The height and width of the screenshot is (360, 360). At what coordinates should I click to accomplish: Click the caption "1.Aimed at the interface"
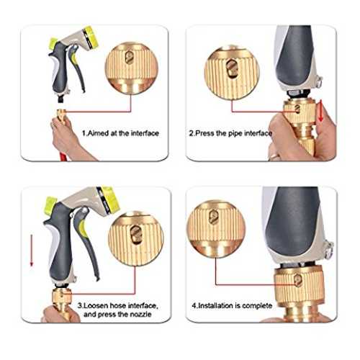(x=120, y=133)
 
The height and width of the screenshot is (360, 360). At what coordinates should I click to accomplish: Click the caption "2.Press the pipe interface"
(x=230, y=133)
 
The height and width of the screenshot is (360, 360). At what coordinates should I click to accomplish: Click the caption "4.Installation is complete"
(x=232, y=306)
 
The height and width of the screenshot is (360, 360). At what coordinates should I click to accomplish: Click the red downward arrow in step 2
(x=320, y=111)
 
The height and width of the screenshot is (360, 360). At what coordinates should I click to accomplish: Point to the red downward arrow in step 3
(x=32, y=250)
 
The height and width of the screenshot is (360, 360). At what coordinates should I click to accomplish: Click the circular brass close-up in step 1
(x=131, y=68)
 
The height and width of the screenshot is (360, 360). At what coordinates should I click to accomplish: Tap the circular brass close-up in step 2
(x=232, y=72)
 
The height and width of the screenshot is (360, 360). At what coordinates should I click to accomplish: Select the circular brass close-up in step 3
(x=136, y=238)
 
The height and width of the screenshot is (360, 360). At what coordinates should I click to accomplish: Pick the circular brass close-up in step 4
(x=216, y=228)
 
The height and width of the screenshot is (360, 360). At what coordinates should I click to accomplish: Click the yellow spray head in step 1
(x=90, y=37)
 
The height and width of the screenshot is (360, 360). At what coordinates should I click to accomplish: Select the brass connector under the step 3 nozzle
(x=62, y=300)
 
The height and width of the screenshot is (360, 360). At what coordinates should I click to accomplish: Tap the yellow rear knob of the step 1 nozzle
(x=53, y=42)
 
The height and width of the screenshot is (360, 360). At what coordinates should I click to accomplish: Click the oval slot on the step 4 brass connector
(x=297, y=279)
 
